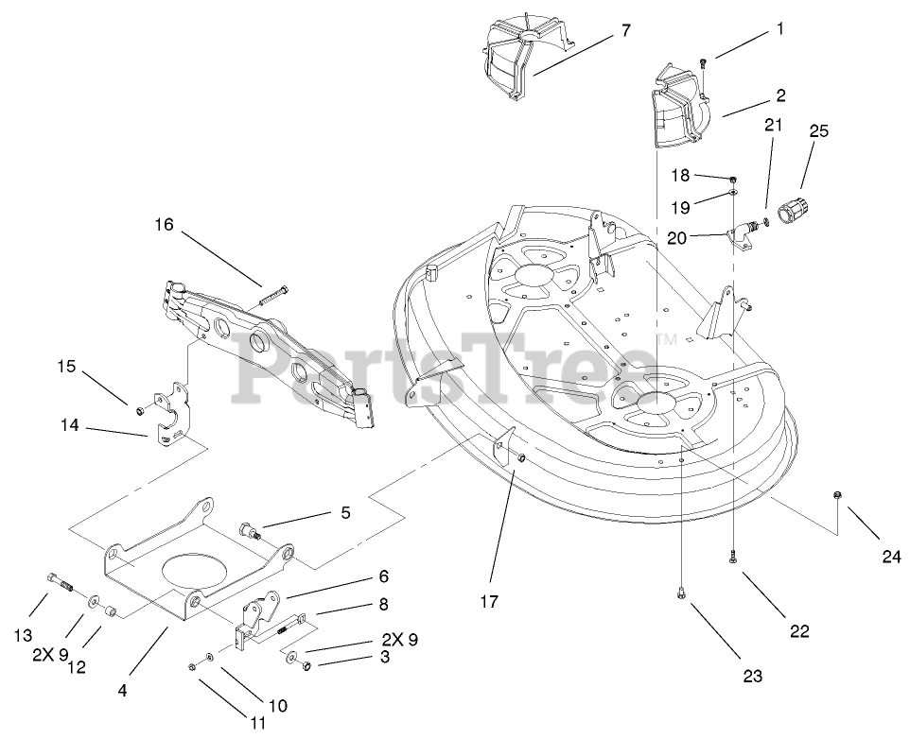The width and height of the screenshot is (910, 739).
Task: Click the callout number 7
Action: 625,30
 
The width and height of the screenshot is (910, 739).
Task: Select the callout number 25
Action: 817,131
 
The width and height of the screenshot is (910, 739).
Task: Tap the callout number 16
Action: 166,225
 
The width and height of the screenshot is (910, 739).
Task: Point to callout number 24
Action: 891,558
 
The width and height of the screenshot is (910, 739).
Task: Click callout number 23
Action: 753,677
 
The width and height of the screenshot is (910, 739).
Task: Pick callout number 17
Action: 489,601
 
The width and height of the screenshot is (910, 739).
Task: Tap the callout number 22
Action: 799,630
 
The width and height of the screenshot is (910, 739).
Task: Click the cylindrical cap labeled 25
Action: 789,210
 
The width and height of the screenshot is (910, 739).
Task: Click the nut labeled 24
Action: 836,495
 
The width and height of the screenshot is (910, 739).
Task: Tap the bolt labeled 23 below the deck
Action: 681,593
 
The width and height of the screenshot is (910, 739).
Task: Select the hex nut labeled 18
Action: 733,177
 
